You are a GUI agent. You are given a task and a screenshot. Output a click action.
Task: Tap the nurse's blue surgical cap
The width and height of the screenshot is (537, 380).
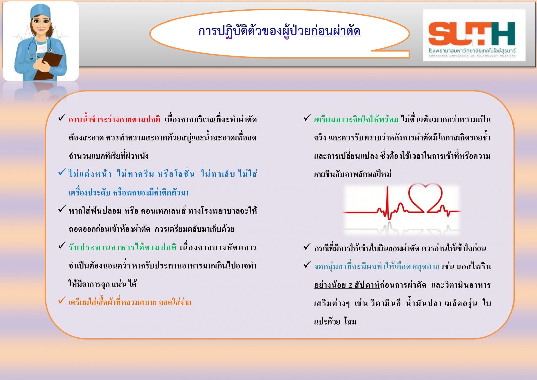pos(40,11)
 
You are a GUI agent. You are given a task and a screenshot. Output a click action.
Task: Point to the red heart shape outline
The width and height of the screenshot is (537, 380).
pos(425,198)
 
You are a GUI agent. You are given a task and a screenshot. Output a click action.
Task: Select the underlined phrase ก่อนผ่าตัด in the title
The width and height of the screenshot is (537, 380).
pos(336,31)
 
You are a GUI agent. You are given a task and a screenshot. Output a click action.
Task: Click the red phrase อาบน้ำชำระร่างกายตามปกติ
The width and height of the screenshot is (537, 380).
pos(114,119)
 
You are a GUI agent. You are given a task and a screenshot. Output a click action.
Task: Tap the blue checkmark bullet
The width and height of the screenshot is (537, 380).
pos(62,172)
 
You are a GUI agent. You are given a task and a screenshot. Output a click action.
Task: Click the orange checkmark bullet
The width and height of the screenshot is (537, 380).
pos(62,300)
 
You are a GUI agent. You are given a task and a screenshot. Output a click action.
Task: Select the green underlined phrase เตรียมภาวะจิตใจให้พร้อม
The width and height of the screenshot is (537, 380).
pos(356,119)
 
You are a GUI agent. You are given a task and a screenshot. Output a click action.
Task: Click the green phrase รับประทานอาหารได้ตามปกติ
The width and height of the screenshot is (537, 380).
pos(123,247)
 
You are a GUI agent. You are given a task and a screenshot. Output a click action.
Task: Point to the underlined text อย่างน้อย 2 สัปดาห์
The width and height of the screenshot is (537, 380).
pos(347,285)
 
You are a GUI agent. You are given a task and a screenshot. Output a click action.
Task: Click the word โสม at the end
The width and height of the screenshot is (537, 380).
pos(350,321)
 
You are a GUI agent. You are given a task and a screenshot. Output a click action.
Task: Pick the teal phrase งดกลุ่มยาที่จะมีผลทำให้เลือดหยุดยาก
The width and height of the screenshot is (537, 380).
pos(377,266)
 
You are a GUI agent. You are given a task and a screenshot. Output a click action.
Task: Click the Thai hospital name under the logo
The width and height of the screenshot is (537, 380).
pos(472,51)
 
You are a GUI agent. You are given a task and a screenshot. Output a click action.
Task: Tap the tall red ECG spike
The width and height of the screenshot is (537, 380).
pos(388,203)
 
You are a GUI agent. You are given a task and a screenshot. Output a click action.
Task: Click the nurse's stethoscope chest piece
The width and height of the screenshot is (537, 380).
pos(51,50)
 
